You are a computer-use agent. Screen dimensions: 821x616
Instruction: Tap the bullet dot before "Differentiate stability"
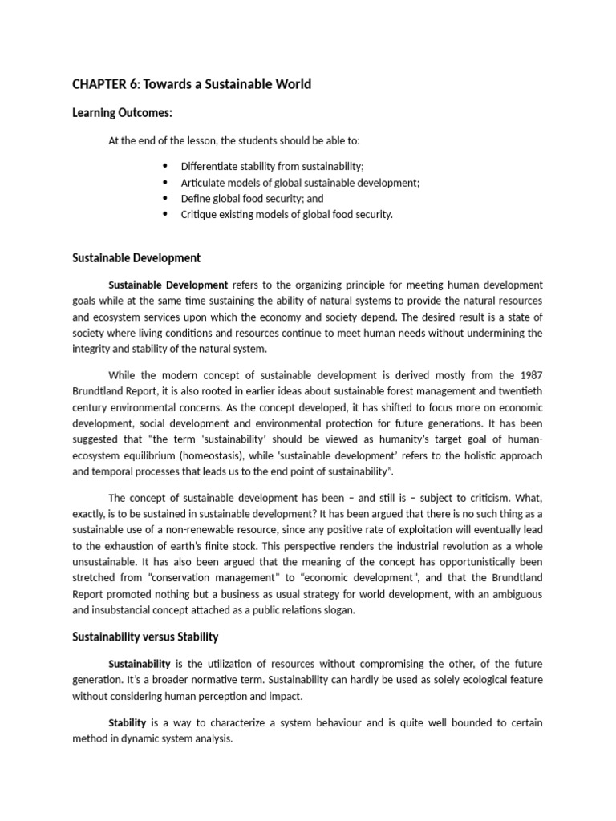coord(166,166)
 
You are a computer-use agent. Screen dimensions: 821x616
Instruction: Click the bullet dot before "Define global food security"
coord(166,198)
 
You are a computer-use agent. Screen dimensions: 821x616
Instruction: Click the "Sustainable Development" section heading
coord(136,257)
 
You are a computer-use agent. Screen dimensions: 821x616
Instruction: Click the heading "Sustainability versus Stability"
coord(144,637)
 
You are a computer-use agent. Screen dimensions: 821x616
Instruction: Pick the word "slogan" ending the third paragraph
coord(337,609)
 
